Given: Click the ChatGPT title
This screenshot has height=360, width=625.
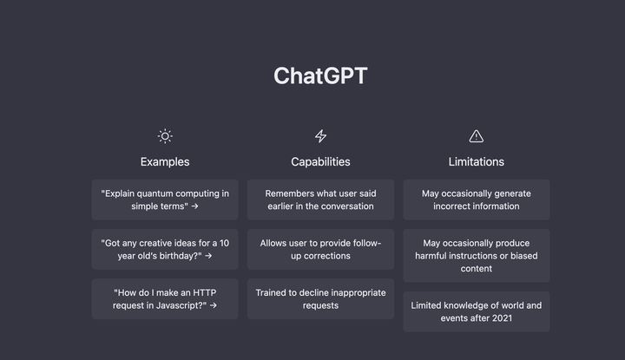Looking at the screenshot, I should point(320,76).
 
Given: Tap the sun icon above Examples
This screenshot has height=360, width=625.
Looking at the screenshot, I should point(165,136).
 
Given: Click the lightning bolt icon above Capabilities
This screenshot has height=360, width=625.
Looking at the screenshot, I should point(320,136).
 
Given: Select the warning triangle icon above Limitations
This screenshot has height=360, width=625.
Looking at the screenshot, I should point(476,136).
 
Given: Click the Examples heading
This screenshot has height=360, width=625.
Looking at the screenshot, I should point(165,161).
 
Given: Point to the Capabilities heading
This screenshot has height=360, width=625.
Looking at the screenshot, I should point(320,161).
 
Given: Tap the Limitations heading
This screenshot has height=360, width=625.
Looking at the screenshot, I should point(476,161).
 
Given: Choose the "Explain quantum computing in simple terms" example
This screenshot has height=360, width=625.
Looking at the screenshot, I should point(165,200).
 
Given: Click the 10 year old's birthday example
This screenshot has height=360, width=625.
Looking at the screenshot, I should point(165,249).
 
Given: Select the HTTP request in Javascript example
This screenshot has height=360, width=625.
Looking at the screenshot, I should point(165,298).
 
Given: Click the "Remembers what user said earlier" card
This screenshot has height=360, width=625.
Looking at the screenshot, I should point(320,200).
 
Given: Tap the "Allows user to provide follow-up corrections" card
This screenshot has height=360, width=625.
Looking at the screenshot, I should point(320,249).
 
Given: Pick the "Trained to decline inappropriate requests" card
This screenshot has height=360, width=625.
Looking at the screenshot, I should point(320,298).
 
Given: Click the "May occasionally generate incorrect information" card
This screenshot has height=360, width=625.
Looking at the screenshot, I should point(476,200).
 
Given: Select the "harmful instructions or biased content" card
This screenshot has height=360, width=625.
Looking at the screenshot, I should point(476,256).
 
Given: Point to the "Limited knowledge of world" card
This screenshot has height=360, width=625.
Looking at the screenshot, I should point(476,311).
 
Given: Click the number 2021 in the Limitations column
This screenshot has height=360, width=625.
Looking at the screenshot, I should point(500,318).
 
